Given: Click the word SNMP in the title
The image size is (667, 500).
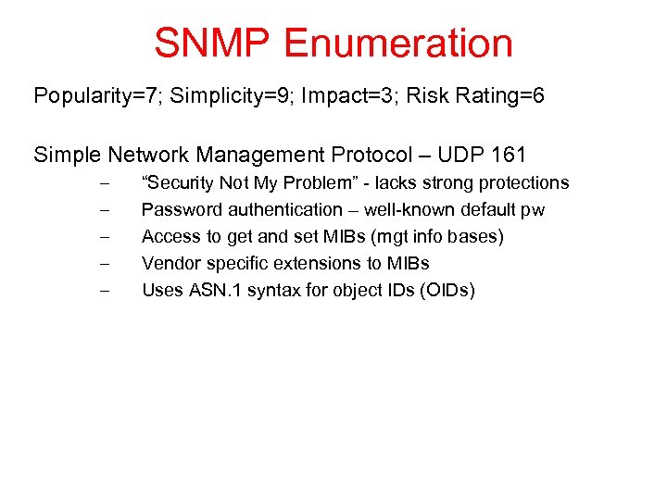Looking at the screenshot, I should click(212, 44).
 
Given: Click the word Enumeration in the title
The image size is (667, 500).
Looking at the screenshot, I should click(398, 44).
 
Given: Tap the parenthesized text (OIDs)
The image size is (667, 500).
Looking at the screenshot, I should click(447, 291).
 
